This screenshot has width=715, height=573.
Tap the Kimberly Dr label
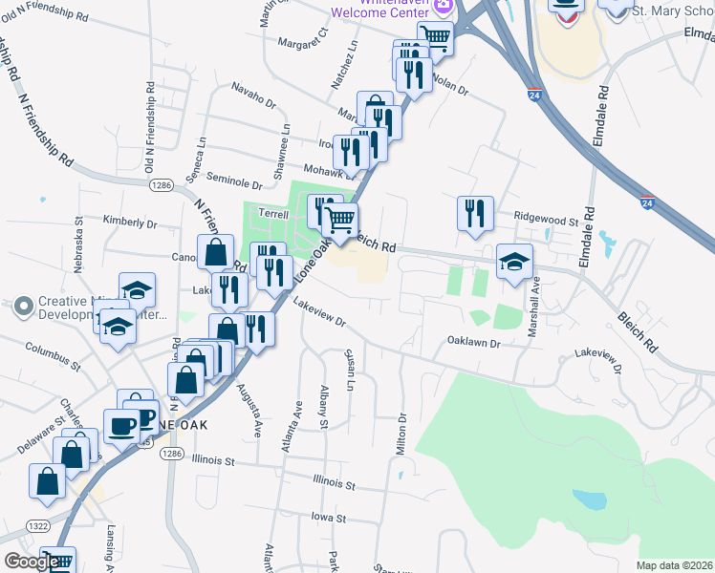click(129, 222)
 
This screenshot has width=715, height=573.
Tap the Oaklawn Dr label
click(473, 341)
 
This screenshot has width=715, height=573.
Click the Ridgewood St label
click(547, 220)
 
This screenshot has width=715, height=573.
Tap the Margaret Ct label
click(302, 37)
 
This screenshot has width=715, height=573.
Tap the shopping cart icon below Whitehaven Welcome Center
click(435, 38)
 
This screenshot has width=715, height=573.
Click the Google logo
click(32, 562)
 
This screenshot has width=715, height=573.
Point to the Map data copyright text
click(674, 565)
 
